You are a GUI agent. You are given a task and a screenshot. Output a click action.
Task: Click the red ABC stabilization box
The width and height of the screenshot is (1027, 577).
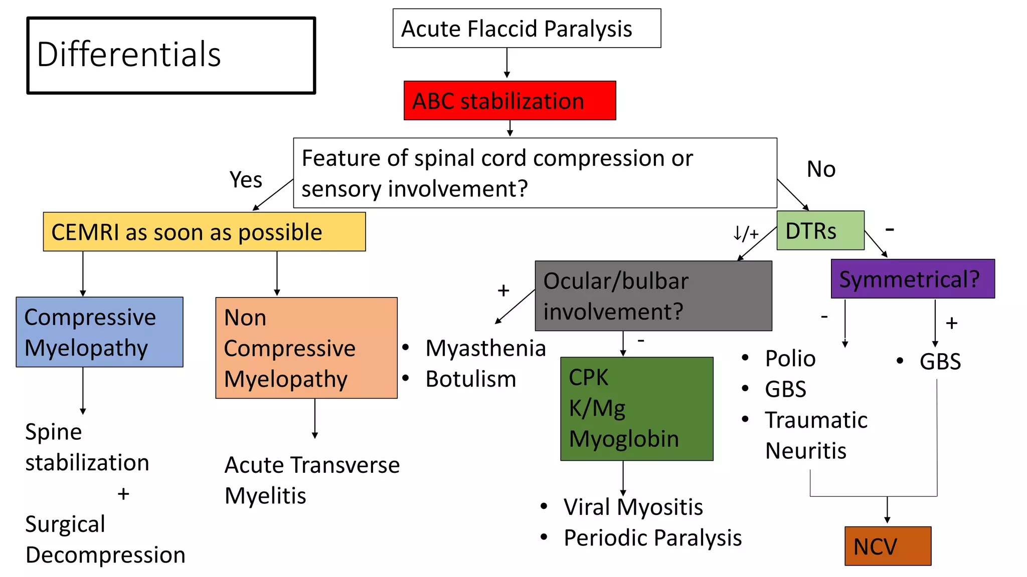[509, 101]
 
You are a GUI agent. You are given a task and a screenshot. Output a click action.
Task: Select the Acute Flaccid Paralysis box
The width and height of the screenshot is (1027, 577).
[527, 29]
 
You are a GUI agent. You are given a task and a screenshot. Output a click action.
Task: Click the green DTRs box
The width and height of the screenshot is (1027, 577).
[820, 231]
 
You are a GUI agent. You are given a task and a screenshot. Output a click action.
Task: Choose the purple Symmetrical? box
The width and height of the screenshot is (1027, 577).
[912, 279]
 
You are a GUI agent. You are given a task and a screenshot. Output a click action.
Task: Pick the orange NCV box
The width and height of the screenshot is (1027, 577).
[887, 546]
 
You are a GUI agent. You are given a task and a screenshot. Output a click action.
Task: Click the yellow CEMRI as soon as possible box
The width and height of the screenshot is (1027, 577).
[204, 232]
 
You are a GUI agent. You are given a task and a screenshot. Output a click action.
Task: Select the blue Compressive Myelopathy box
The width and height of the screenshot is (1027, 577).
[99, 332]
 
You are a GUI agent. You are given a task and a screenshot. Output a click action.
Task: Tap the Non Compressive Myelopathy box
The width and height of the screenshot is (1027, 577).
[306, 348]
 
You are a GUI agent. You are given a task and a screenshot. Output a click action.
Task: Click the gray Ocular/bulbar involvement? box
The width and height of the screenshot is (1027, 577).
[653, 296]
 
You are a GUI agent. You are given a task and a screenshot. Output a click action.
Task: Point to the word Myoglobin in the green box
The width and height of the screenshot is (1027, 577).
[624, 439]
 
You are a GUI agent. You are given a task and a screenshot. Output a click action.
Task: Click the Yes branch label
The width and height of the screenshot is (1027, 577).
[246, 179]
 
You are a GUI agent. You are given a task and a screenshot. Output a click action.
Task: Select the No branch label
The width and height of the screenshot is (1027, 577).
[821, 169]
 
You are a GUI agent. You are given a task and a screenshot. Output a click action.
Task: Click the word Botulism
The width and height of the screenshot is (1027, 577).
[470, 379]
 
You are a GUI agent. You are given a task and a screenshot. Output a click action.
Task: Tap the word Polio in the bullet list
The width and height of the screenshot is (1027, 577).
[790, 359]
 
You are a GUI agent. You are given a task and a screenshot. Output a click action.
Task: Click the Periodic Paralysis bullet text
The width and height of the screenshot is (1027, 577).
[652, 538]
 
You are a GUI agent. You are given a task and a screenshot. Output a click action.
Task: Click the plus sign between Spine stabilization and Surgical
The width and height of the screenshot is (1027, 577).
[123, 494]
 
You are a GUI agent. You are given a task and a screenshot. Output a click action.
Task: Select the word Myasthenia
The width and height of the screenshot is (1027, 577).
[485, 348]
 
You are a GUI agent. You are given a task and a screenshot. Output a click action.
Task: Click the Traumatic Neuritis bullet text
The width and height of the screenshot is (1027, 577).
[815, 435]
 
